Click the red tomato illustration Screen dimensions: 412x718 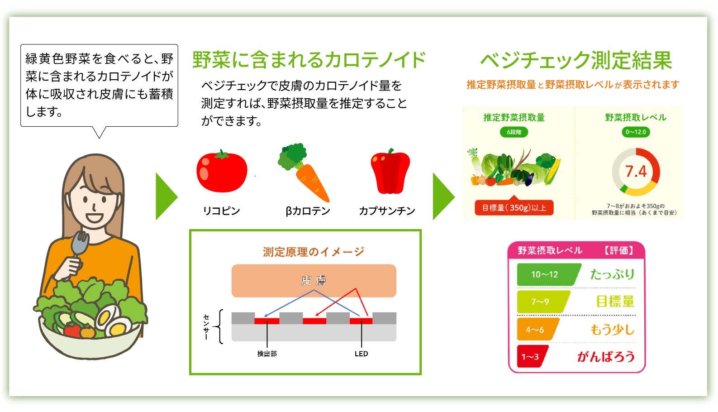pyautogui.click(x=222, y=172)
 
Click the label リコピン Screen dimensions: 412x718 pyautogui.click(x=221, y=211)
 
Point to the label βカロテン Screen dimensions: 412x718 pyautogui.click(x=308, y=211)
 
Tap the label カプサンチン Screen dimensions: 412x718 pyautogui.click(x=387, y=211)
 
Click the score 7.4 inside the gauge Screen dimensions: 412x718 pyautogui.click(x=636, y=172)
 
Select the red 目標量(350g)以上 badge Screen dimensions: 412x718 pyautogui.click(x=514, y=208)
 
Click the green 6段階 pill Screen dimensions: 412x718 pyautogui.click(x=514, y=132)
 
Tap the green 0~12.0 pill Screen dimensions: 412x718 pyautogui.click(x=636, y=132)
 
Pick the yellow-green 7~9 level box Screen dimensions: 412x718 pyautogui.click(x=541, y=302)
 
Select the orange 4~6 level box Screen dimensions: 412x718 pyautogui.click(x=536, y=330)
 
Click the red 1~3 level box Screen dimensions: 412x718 pyautogui.click(x=531, y=357)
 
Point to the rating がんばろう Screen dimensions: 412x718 pyautogui.click(x=606, y=357)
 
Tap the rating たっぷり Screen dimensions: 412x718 pyautogui.click(x=612, y=274)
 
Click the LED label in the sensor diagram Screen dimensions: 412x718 pyautogui.click(x=361, y=354)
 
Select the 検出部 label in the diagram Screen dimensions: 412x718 pyautogui.click(x=267, y=354)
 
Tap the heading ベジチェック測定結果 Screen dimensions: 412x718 pyautogui.click(x=576, y=60)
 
